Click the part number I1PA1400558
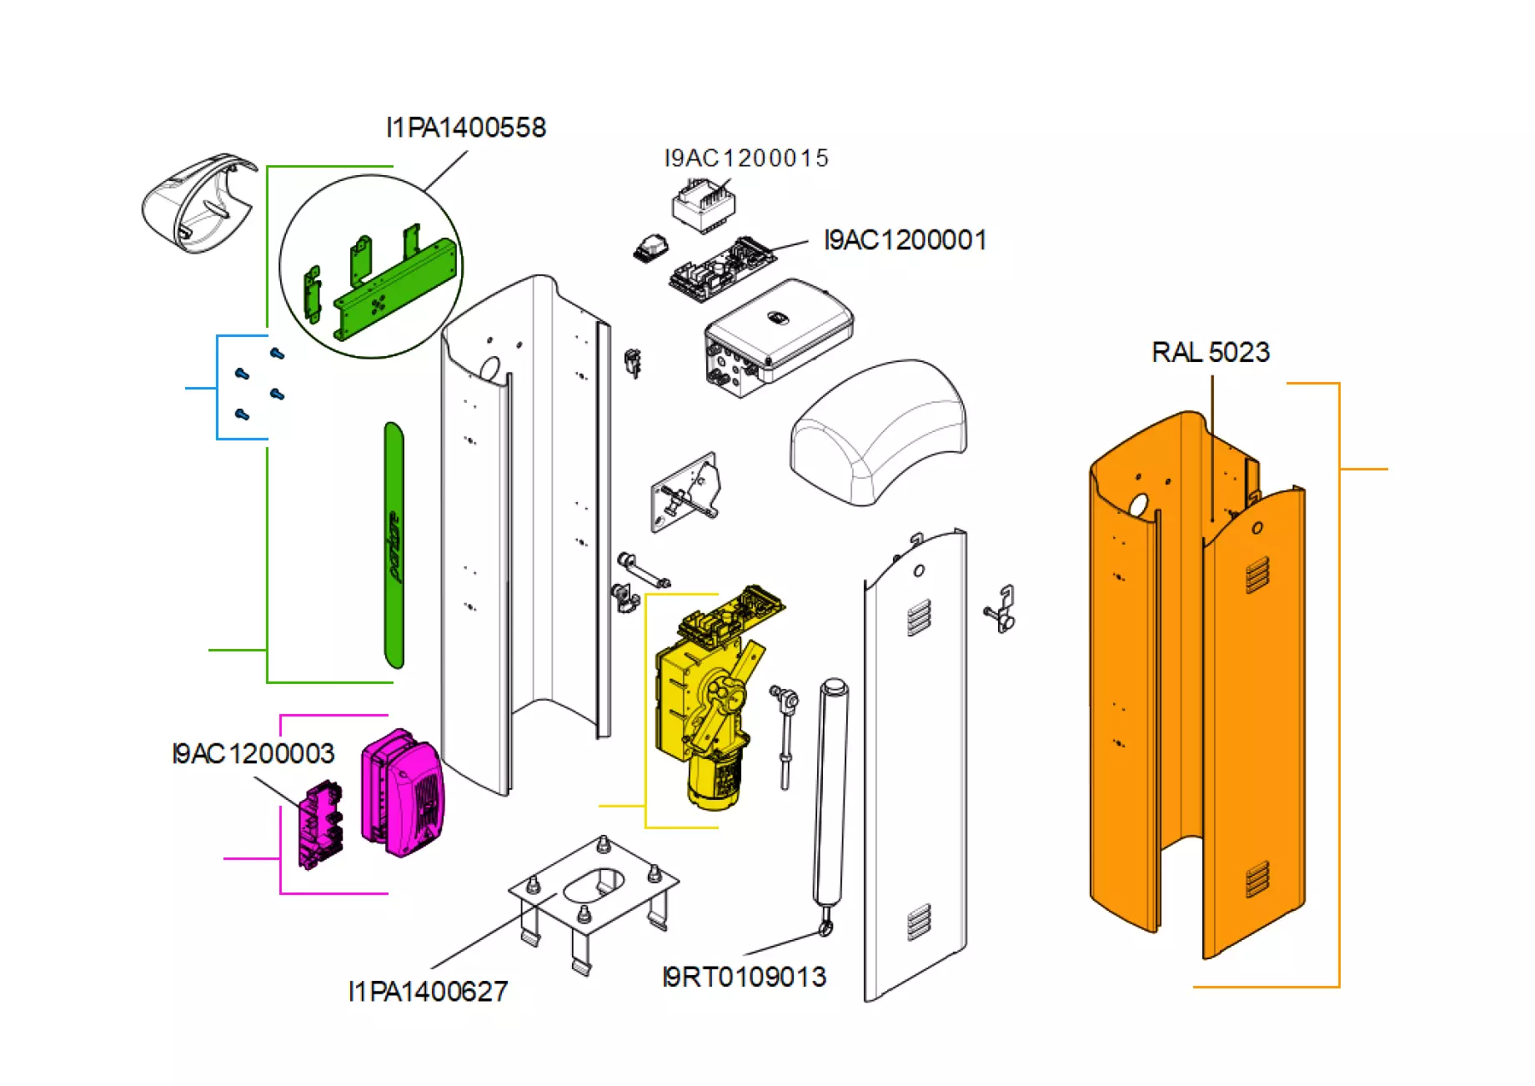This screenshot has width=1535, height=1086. pyautogui.click(x=465, y=128)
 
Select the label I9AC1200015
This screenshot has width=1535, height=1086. pyautogui.click(x=745, y=158)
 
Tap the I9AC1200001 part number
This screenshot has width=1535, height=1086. pyautogui.click(x=905, y=240)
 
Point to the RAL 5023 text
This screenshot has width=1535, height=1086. pyautogui.click(x=1210, y=352)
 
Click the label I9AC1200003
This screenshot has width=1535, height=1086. pyautogui.click(x=253, y=753)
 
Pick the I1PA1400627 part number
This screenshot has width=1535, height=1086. pyautogui.click(x=428, y=991)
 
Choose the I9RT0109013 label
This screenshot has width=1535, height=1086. pyautogui.click(x=744, y=977)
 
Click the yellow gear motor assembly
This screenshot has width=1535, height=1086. pyautogui.click(x=709, y=701)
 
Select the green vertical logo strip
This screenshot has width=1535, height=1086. pyautogui.click(x=394, y=546)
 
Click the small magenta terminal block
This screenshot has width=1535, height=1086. pyautogui.click(x=320, y=826)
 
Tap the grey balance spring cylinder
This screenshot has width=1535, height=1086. pyautogui.click(x=831, y=792)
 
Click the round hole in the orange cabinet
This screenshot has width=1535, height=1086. pyautogui.click(x=1138, y=504)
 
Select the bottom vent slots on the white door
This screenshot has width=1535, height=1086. pyautogui.click(x=918, y=922)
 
